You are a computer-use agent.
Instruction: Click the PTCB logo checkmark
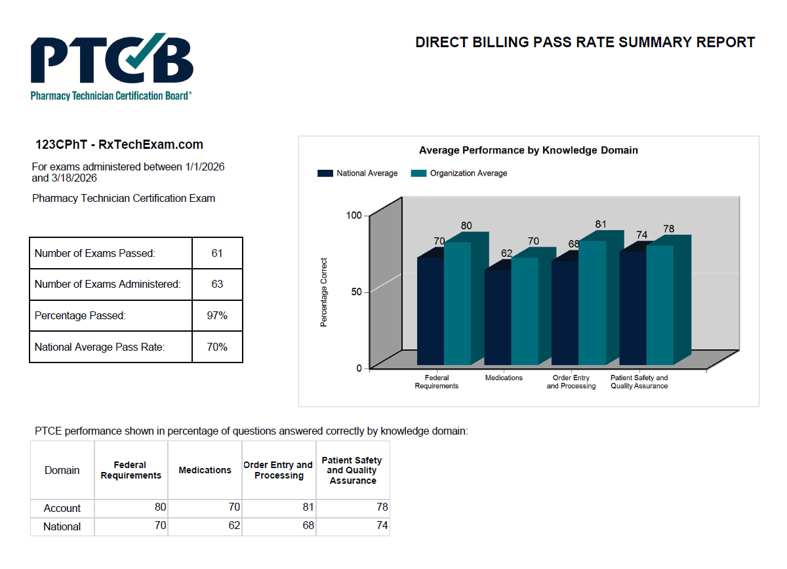(x=139, y=53)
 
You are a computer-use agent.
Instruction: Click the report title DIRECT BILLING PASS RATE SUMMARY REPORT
(x=585, y=43)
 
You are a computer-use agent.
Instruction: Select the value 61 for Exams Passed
(x=217, y=253)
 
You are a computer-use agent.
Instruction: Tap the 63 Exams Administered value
(x=217, y=284)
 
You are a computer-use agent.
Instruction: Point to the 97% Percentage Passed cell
(x=217, y=316)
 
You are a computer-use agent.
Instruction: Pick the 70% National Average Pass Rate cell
(x=217, y=347)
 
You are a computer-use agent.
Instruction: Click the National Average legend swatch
(x=325, y=174)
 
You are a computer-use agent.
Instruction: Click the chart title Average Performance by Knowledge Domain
(x=528, y=150)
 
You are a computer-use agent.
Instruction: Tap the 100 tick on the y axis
(x=354, y=215)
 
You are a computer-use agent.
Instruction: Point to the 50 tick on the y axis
(x=356, y=292)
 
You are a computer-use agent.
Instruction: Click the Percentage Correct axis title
(x=324, y=292)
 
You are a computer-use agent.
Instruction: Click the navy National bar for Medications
(x=497, y=317)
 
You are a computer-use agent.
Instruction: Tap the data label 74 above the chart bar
(x=641, y=235)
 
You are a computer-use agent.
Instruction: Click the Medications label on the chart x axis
(x=504, y=378)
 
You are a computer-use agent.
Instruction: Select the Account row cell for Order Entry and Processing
(x=279, y=508)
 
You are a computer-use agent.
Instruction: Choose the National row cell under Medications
(x=205, y=526)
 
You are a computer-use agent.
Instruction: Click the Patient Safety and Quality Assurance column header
(x=352, y=471)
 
